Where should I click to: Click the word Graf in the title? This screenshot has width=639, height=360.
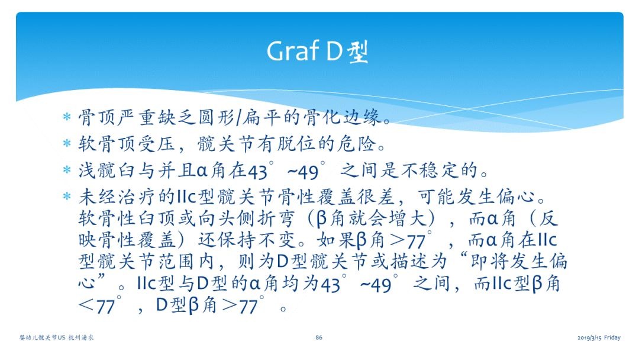tap(293, 52)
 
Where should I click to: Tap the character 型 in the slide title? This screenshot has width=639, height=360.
tap(358, 52)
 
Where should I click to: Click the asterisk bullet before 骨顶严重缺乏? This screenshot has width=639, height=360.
tap(67, 117)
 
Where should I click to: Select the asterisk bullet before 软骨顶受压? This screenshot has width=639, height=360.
tap(67, 143)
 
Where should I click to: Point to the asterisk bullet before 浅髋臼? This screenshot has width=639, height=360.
tap(67, 169)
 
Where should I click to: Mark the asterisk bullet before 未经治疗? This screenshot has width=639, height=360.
tap(67, 197)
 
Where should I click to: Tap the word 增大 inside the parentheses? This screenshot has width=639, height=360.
tap(408, 218)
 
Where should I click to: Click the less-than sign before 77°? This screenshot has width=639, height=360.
tap(86, 305)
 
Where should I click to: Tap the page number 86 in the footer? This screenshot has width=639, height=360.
tap(319, 337)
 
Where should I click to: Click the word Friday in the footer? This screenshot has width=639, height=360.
tap(612, 337)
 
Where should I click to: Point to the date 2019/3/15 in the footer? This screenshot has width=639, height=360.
tap(589, 337)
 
